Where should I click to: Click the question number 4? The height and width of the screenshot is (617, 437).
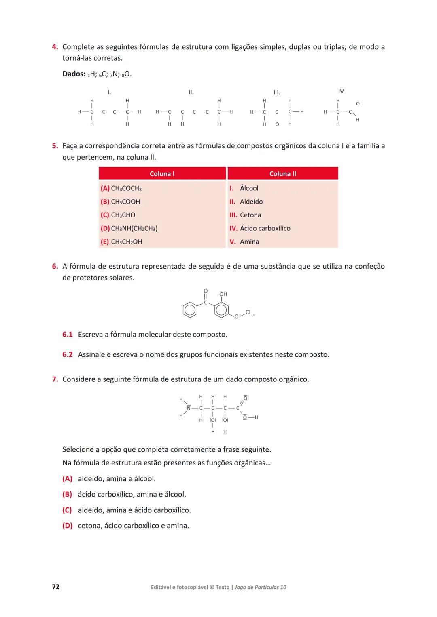(x=55, y=47)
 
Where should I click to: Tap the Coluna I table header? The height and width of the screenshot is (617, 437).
(x=162, y=174)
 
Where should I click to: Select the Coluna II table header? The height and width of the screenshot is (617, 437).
(x=282, y=174)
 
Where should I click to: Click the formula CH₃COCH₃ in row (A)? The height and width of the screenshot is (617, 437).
(x=126, y=188)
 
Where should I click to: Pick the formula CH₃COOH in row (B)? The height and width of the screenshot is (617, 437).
(x=125, y=202)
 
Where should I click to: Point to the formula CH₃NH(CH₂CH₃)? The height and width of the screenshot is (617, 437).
(x=134, y=228)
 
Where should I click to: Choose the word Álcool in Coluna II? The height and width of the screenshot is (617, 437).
(x=249, y=188)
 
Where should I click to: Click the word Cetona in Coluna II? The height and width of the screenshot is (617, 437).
(x=250, y=215)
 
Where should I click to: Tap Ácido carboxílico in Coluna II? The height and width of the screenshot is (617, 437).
(x=265, y=228)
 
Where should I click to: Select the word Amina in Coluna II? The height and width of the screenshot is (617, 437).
(x=249, y=242)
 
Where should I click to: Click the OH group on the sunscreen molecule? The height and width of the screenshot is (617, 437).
(x=223, y=294)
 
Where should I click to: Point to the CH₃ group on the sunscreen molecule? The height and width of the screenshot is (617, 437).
(x=250, y=312)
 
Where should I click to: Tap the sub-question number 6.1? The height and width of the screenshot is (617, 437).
(x=68, y=335)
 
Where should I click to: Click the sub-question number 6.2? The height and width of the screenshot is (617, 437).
(x=68, y=355)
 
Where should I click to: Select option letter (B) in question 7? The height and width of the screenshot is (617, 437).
(x=67, y=494)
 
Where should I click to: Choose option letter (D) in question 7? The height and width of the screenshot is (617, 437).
(x=67, y=526)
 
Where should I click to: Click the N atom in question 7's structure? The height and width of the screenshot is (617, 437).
(x=189, y=408)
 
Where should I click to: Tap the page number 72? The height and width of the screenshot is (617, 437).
(x=56, y=587)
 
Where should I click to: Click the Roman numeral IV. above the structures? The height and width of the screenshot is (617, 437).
(x=342, y=92)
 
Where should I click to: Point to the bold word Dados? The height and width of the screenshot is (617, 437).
(x=74, y=74)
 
